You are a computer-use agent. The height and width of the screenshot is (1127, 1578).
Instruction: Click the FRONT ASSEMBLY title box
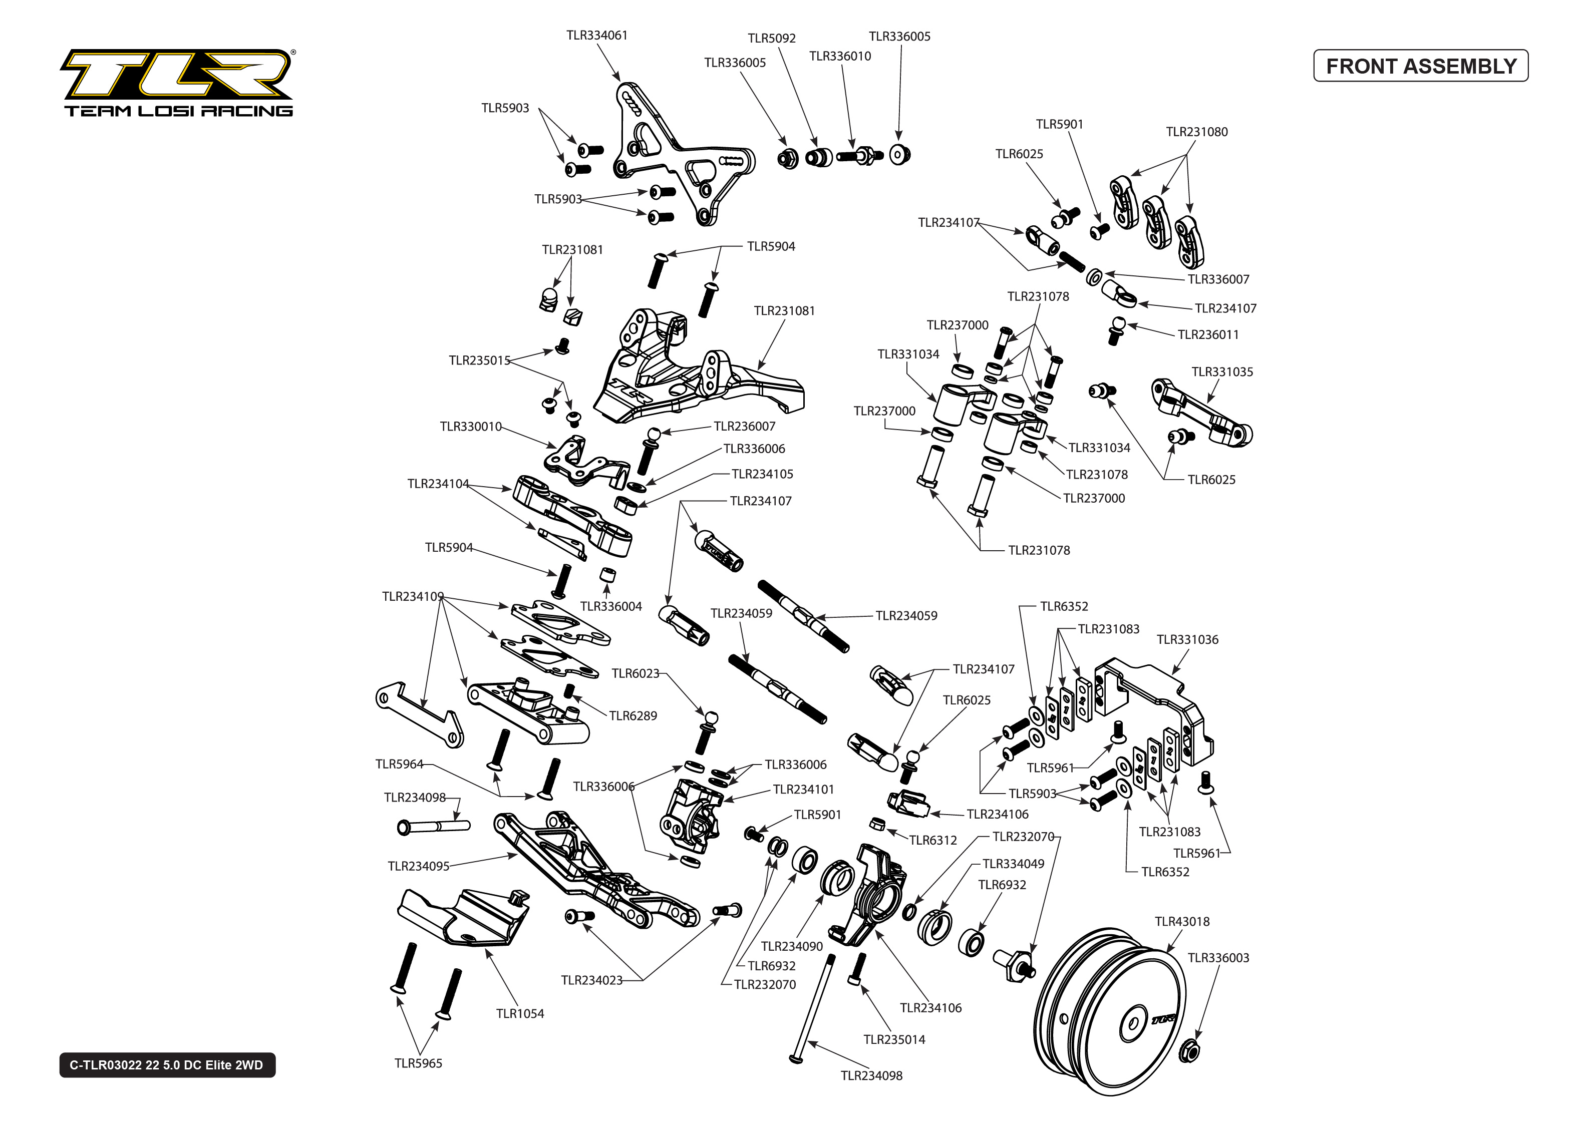pos(1420,66)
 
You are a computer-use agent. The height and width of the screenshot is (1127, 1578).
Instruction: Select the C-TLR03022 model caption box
pos(167,1064)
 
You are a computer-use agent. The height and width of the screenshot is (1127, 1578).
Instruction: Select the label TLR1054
pos(520,1013)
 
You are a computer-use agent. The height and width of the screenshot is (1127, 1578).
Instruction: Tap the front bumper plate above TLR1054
pos(464,916)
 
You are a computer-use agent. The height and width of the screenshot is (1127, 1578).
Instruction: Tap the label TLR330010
pos(470,426)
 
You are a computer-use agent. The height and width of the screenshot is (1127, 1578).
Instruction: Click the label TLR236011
pos(1207,334)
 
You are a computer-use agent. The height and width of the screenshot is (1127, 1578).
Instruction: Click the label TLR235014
pos(894,1039)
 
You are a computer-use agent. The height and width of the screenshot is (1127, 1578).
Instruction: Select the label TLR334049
pos(1013,863)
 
